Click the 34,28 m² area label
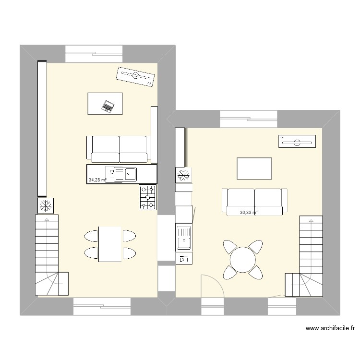click(97, 180)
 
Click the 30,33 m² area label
click(249, 212)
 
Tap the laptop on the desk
click(108, 106)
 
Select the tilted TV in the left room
click(136, 76)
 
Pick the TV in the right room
click(297, 141)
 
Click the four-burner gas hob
click(148, 197)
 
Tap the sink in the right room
click(184, 237)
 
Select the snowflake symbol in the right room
click(183, 175)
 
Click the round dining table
click(243, 260)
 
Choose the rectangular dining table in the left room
click(109, 244)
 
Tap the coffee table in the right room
click(254, 168)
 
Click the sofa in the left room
click(119, 149)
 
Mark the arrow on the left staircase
click(47, 219)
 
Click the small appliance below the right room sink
click(184, 259)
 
